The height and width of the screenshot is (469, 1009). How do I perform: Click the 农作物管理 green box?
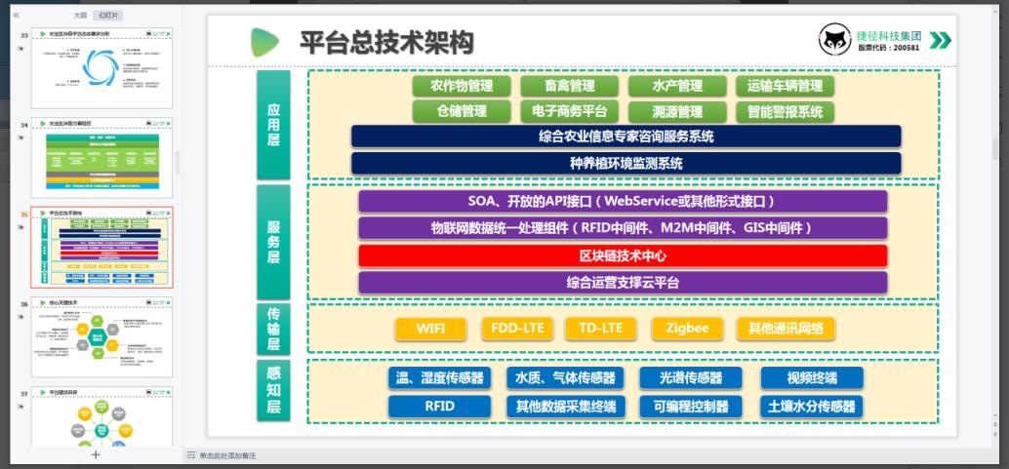[462, 86]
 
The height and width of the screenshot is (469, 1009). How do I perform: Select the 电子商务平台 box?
[569, 111]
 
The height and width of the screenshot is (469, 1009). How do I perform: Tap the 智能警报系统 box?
[785, 111]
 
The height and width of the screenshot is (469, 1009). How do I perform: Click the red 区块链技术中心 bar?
[623, 255]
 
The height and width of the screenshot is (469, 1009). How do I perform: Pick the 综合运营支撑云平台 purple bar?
[623, 283]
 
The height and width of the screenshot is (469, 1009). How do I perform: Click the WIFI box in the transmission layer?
[430, 329]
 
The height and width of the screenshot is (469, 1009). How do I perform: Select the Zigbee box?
[687, 328]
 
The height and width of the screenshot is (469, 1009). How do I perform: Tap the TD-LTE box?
[600, 328]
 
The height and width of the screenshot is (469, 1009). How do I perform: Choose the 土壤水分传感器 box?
[810, 407]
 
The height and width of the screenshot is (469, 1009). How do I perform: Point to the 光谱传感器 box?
[690, 378]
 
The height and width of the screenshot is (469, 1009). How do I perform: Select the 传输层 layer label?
[273, 328]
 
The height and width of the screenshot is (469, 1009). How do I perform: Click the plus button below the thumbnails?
[95, 454]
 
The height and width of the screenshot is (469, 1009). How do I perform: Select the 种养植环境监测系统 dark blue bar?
[626, 164]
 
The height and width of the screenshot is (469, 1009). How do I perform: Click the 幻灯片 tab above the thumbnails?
[109, 16]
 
